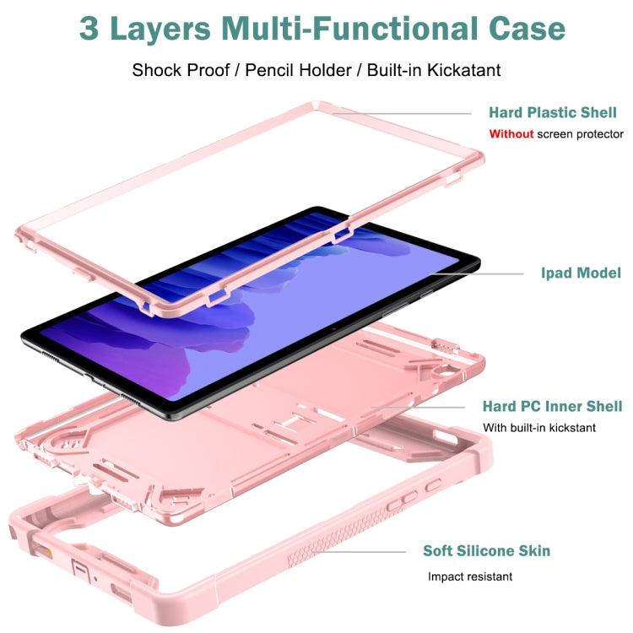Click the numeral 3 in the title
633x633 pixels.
coord(89,28)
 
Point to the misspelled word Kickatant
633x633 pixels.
coord(455,69)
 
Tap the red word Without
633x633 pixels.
coord(511,134)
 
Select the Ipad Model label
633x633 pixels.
coord(581,273)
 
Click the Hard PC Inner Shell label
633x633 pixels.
coord(552,407)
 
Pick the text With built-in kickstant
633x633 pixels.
coord(539,428)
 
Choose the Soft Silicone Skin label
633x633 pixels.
coord(487,551)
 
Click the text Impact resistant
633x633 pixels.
coord(470,577)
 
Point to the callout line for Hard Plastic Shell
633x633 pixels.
coord(405,113)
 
